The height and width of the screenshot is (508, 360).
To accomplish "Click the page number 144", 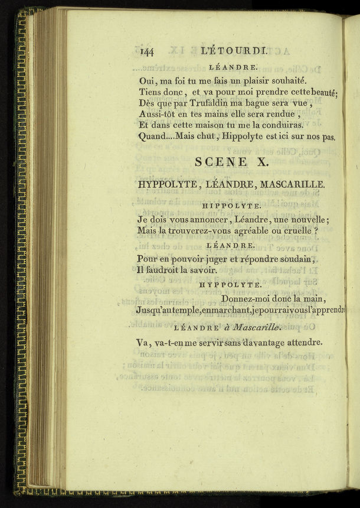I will (x=148, y=51).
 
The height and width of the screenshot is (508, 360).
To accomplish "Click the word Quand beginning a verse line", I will (x=153, y=137).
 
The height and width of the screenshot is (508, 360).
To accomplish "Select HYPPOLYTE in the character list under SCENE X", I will (x=168, y=184).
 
